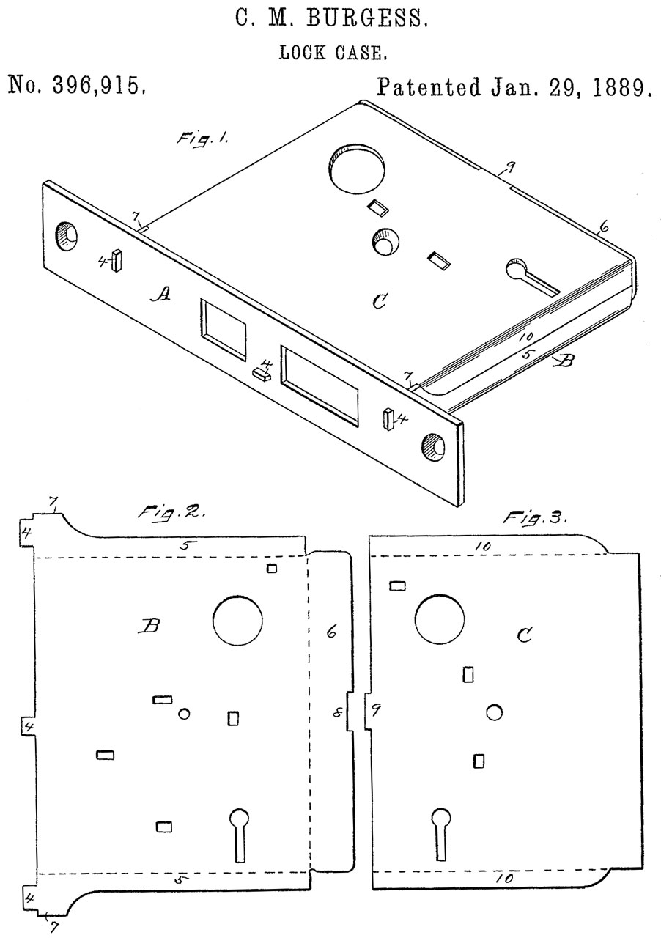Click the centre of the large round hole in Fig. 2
[237, 621]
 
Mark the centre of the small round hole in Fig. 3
[494, 712]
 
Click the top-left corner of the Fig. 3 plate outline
[369, 536]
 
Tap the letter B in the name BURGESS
[317, 18]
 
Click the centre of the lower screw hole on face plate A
[434, 448]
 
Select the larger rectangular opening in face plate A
[320, 385]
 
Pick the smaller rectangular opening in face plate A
[223, 329]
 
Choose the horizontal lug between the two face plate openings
[262, 373]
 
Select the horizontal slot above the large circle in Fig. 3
[397, 586]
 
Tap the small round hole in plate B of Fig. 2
[184, 714]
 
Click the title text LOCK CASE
[333, 53]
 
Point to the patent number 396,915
[100, 85]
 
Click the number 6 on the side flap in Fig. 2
[331, 632]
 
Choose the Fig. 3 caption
[536, 518]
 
